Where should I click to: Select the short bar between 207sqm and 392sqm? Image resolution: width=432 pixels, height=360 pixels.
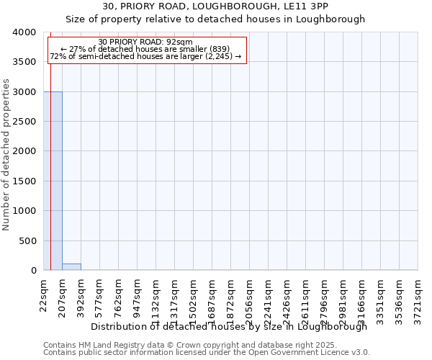point(71,267)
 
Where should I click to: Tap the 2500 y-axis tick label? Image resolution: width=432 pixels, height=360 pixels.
point(24,122)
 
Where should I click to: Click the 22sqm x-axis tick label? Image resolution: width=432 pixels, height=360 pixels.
point(43,294)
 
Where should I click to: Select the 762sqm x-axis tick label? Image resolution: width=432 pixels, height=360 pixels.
point(118,297)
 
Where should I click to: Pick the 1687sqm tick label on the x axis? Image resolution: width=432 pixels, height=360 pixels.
point(212,299)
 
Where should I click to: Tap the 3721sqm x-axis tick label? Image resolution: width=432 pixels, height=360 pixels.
point(418,299)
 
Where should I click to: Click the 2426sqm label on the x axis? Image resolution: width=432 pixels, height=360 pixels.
point(287,299)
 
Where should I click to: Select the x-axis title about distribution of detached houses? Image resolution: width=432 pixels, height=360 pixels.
point(229,327)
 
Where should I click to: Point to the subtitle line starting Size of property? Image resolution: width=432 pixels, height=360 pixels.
point(215,19)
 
